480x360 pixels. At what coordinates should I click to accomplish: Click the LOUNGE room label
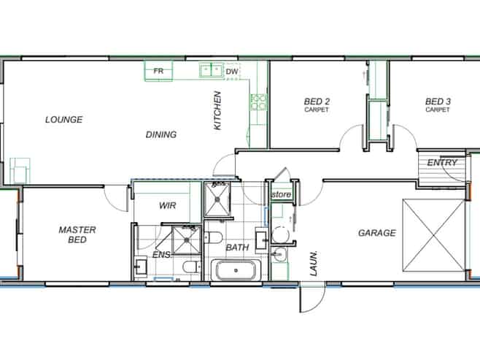63,120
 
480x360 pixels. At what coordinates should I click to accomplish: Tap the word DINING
161,134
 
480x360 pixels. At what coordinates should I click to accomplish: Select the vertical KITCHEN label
217,110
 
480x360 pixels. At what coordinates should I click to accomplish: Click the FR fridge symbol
158,71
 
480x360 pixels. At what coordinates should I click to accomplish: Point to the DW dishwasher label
231,72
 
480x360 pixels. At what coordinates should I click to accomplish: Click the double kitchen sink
210,71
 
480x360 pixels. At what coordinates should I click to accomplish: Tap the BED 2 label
317,102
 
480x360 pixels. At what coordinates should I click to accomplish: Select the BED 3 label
438,102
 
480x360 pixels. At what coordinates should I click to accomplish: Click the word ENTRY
442,162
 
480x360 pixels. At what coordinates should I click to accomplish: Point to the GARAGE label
376,233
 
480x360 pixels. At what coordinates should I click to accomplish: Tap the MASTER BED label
77,234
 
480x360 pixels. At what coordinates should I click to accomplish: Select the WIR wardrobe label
168,206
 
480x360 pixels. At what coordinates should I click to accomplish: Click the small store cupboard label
282,195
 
